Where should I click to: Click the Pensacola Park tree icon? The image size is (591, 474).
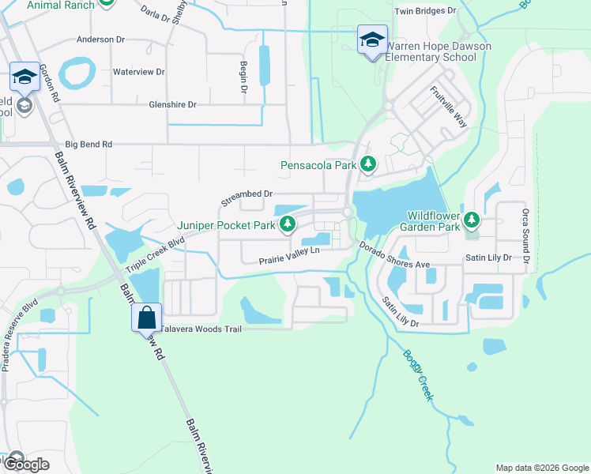[x=367, y=165]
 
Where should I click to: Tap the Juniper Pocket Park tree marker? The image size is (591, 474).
[x=288, y=225]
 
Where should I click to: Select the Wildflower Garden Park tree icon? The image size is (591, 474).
[x=472, y=219]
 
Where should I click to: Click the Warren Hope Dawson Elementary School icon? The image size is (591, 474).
[x=371, y=41]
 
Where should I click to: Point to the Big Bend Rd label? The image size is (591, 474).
[x=88, y=145]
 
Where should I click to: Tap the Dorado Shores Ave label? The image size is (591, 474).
[x=394, y=254]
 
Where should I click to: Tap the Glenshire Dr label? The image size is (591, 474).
[x=172, y=104]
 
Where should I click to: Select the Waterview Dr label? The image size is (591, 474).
[x=138, y=72]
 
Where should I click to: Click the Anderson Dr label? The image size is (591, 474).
[x=101, y=39]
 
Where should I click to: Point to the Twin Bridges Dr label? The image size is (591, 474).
[x=425, y=11]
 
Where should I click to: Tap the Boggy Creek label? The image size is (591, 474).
[x=416, y=376]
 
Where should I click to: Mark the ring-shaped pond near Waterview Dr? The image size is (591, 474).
[x=76, y=73]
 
